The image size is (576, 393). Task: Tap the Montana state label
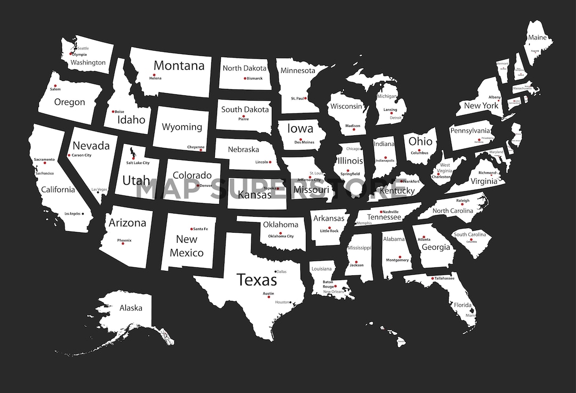[179, 65]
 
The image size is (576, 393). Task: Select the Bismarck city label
[254, 78]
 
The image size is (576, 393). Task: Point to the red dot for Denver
[198, 185]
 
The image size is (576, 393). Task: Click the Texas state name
[257, 280]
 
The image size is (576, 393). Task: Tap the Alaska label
[131, 308]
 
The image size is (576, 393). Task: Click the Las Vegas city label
[99, 190]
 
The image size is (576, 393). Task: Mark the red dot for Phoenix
[123, 244]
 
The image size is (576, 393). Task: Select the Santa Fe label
[201, 229]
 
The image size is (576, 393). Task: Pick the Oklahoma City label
[281, 236]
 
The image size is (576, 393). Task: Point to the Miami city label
[470, 315]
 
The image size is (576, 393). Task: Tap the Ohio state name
[420, 142]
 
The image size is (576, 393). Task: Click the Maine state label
[537, 38]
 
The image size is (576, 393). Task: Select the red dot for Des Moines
[300, 139]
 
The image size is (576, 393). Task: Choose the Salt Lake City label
[138, 163]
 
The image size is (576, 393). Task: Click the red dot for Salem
[55, 85]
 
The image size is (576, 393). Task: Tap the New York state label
[481, 105]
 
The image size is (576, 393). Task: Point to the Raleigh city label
[462, 201]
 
